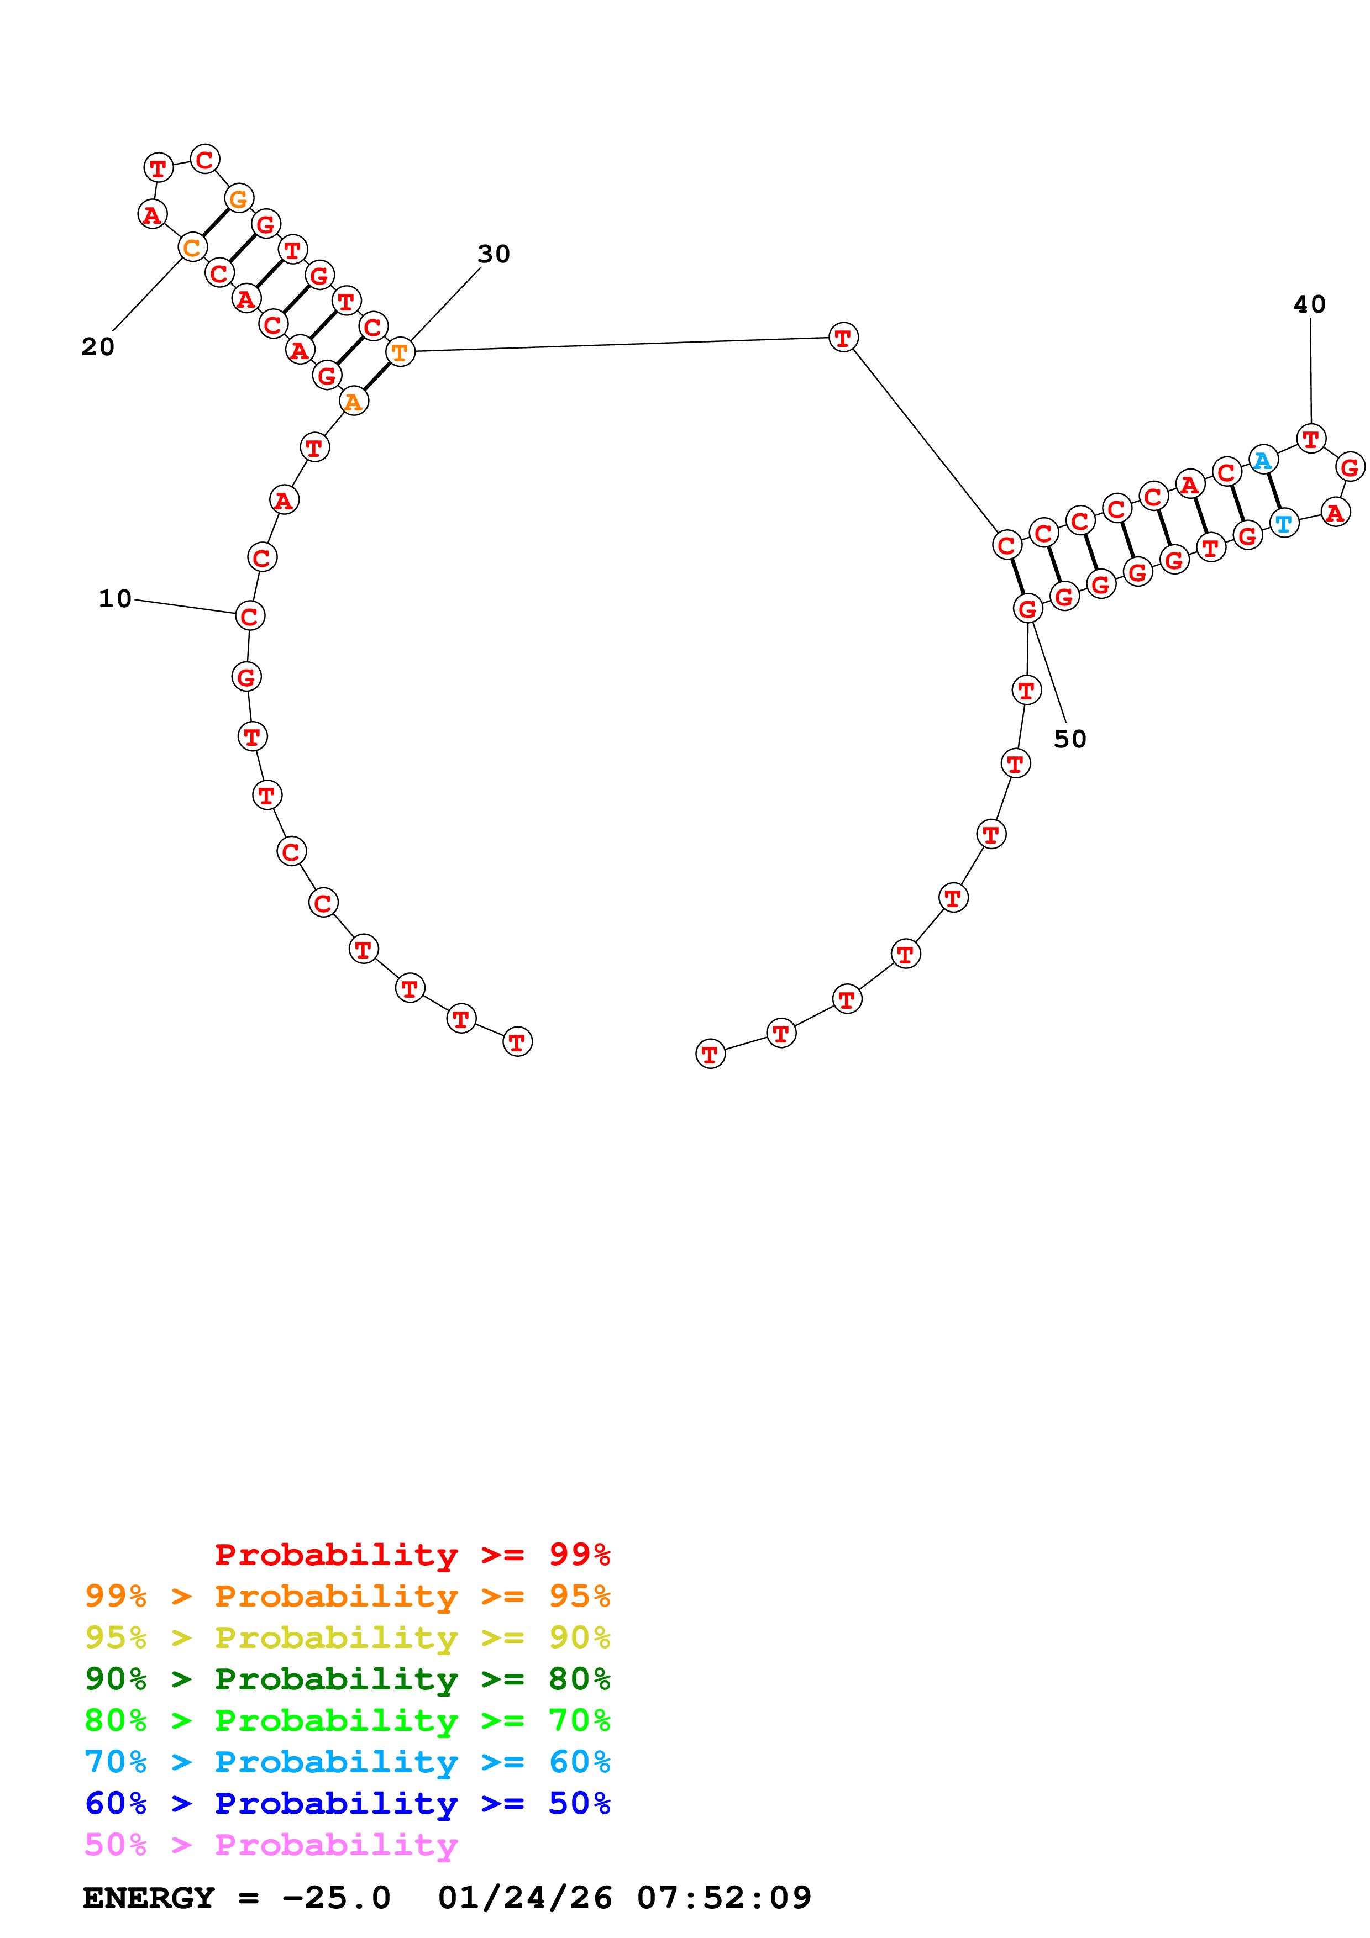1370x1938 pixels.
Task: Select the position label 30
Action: (494, 254)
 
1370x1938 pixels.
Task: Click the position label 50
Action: (1069, 739)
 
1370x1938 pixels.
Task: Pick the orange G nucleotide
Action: (239, 199)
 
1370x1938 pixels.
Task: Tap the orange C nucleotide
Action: (192, 247)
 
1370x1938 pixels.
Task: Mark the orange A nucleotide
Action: (354, 401)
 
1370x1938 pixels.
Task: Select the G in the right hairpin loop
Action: (1350, 467)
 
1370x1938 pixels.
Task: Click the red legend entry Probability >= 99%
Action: (412, 1554)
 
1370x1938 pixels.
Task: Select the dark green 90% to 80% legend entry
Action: (347, 1679)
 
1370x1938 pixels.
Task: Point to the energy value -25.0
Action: (336, 1898)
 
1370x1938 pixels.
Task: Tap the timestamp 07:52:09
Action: (723, 1898)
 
